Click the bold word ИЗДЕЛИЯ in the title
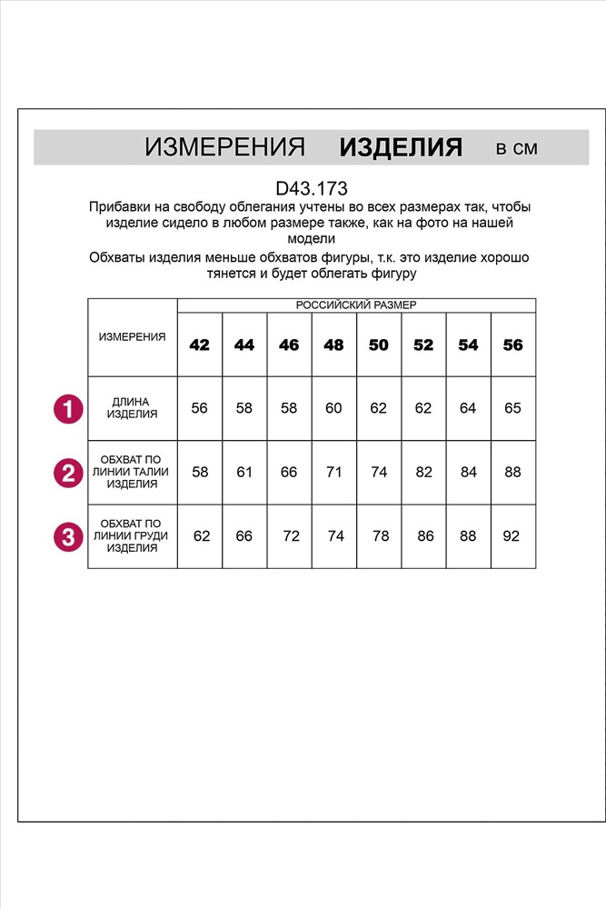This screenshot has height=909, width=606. click(x=401, y=147)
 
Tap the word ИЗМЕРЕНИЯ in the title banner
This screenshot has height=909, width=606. click(x=224, y=148)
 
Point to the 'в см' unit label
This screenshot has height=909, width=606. click(x=517, y=148)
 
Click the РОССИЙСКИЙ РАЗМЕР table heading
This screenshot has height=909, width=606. click(x=356, y=305)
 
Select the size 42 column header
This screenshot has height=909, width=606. click(x=199, y=345)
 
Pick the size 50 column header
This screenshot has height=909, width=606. click(x=379, y=345)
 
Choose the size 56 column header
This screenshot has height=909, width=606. click(x=513, y=345)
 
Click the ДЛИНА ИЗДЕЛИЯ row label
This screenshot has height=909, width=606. click(x=133, y=407)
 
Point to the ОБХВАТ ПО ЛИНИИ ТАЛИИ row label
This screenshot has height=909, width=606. click(x=133, y=473)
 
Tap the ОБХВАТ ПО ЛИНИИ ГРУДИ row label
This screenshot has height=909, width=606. click(x=133, y=536)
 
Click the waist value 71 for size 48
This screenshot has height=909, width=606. click(x=333, y=473)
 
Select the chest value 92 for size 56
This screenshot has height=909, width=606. click(x=512, y=536)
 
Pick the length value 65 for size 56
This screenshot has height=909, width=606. click(x=513, y=408)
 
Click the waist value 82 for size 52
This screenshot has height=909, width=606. click(x=423, y=473)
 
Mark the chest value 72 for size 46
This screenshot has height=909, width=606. click(x=291, y=536)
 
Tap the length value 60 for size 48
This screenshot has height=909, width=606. click(x=333, y=408)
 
